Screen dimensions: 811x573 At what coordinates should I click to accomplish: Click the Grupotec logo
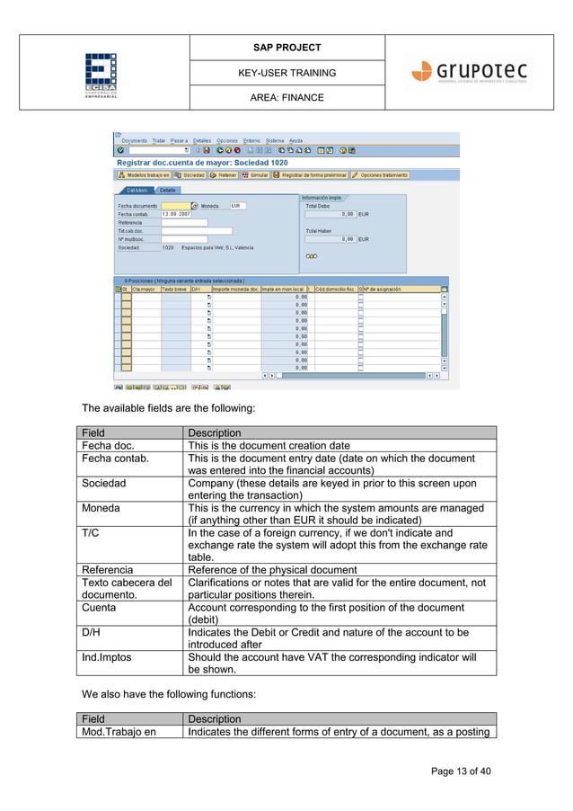coord(469,72)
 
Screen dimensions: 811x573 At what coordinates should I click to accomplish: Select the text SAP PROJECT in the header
coord(286,47)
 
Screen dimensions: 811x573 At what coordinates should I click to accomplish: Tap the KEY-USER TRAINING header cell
coord(286,72)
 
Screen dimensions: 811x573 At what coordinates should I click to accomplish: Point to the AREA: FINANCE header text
coord(286,97)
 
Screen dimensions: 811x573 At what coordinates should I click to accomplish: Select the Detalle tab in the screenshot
coord(168,191)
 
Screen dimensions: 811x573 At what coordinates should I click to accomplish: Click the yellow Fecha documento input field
coord(175,206)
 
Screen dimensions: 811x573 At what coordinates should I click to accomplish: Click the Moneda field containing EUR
coord(238,206)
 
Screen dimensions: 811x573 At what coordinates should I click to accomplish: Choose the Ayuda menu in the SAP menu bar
coord(295,141)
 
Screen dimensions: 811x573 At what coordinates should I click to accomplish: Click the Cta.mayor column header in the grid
coord(145,290)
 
